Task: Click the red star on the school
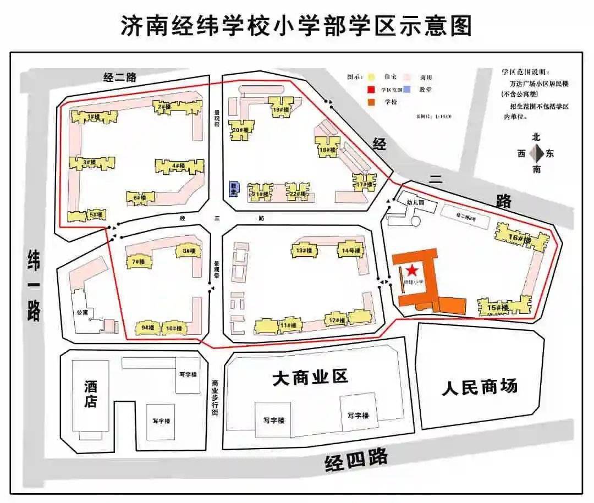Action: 411,270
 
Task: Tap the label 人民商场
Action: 480,386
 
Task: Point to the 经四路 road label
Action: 356,460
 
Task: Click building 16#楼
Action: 520,238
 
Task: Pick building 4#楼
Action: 178,166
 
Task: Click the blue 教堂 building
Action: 234,188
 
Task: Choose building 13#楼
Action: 304,250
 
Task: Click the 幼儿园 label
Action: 415,202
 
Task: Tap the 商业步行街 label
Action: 215,399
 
